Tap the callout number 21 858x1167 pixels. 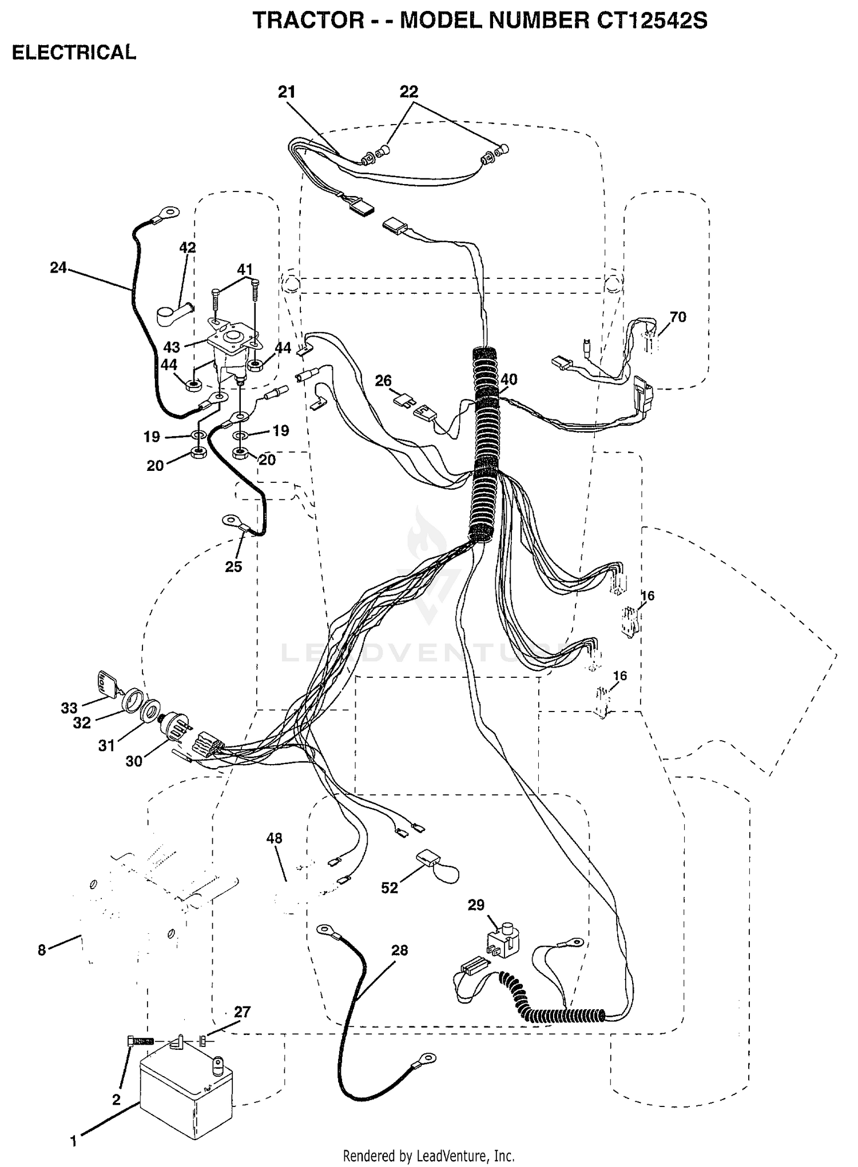pyautogui.click(x=287, y=92)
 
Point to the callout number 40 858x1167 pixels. pyautogui.click(x=509, y=379)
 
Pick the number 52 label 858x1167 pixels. pyautogui.click(x=389, y=888)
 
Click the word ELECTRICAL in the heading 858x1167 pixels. pyautogui.click(x=74, y=53)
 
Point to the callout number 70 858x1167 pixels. pyautogui.click(x=677, y=317)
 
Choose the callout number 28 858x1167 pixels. pyautogui.click(x=399, y=950)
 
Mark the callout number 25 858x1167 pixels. pyautogui.click(x=233, y=566)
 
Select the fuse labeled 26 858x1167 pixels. pyautogui.click(x=403, y=399)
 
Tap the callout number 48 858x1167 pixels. pyautogui.click(x=274, y=838)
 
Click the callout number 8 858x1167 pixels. pyautogui.click(x=42, y=950)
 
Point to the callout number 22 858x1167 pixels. pyautogui.click(x=409, y=91)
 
